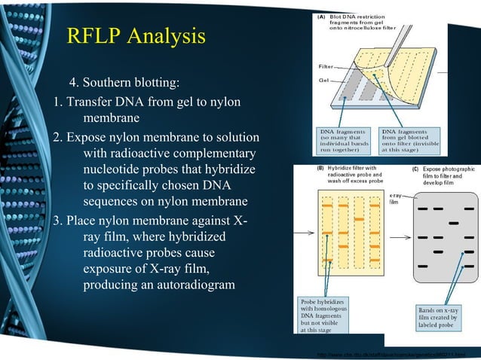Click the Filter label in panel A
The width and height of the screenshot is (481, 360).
(x=325, y=67)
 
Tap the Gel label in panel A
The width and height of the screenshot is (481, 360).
(x=324, y=81)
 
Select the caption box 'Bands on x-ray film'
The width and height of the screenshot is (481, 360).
(x=443, y=316)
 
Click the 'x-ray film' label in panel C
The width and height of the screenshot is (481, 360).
(x=395, y=200)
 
